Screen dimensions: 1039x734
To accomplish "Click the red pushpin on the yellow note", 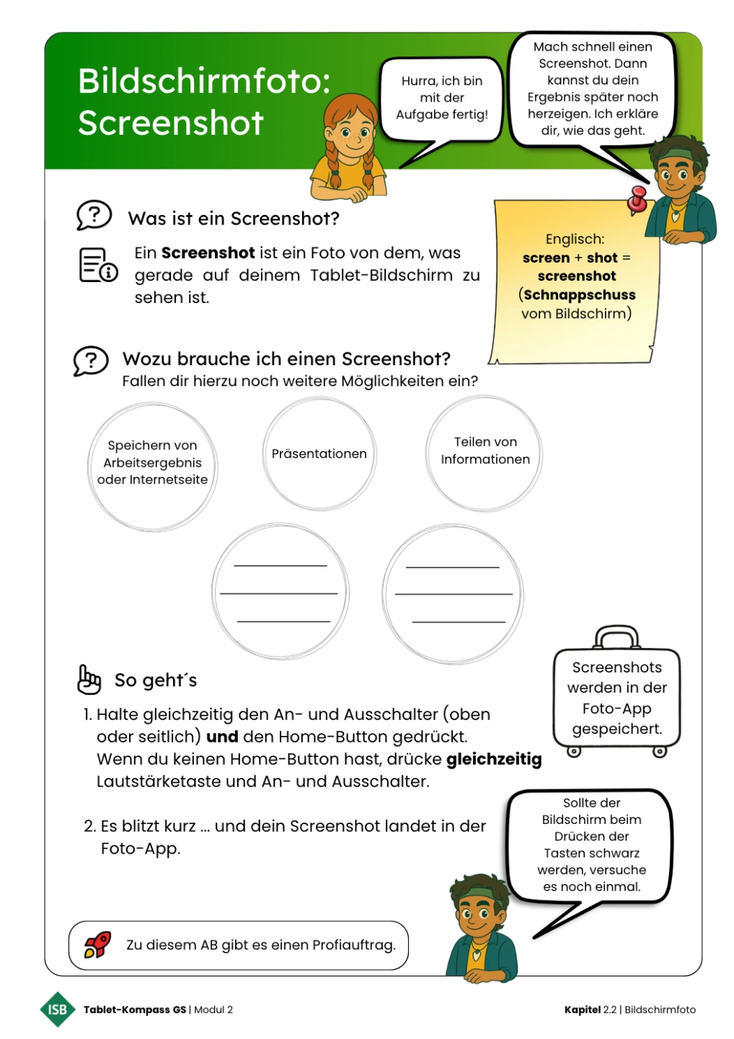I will pyautogui.click(x=637, y=200).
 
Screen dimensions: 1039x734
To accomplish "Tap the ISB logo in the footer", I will pyautogui.click(x=57, y=1009).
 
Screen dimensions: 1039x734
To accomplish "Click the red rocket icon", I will pyautogui.click(x=98, y=944).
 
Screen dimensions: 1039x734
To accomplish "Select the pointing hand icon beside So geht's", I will pyautogui.click(x=89, y=679).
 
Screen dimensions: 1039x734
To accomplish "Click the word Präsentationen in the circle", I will pyautogui.click(x=319, y=454).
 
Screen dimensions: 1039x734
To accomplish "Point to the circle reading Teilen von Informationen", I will pyautogui.click(x=485, y=453).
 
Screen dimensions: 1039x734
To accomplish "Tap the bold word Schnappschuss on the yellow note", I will pyautogui.click(x=580, y=294).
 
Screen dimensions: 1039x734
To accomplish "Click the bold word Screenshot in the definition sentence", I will pyautogui.click(x=208, y=253).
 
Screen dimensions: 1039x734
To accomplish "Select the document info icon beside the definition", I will pyautogui.click(x=97, y=265).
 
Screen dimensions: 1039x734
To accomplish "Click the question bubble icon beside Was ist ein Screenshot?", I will pyautogui.click(x=94, y=215).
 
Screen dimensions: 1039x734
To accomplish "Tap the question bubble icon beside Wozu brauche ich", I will pyautogui.click(x=91, y=361).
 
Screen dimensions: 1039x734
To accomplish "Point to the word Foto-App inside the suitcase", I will pyautogui.click(x=616, y=709).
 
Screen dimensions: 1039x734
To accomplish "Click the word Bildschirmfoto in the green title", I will pyautogui.click(x=204, y=81).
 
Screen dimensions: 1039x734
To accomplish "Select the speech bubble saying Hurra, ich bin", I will pyautogui.click(x=441, y=98).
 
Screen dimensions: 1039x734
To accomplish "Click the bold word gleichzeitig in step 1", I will pyautogui.click(x=494, y=759).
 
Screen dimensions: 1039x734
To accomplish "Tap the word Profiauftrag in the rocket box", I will pyautogui.click(x=353, y=944).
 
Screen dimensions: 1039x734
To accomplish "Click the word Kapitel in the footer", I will pyautogui.click(x=582, y=1009).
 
